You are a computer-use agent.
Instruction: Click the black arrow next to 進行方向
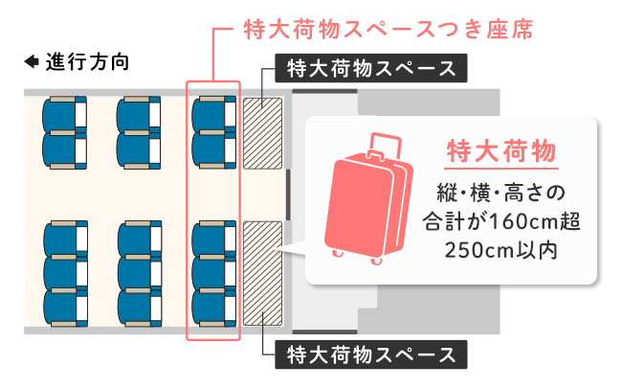click(x=31, y=62)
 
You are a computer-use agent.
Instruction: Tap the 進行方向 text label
click(x=88, y=62)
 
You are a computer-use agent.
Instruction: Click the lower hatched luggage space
click(x=262, y=272)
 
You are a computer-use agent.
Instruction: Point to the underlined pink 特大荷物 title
click(x=501, y=152)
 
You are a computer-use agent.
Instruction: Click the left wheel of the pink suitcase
click(x=336, y=253)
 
